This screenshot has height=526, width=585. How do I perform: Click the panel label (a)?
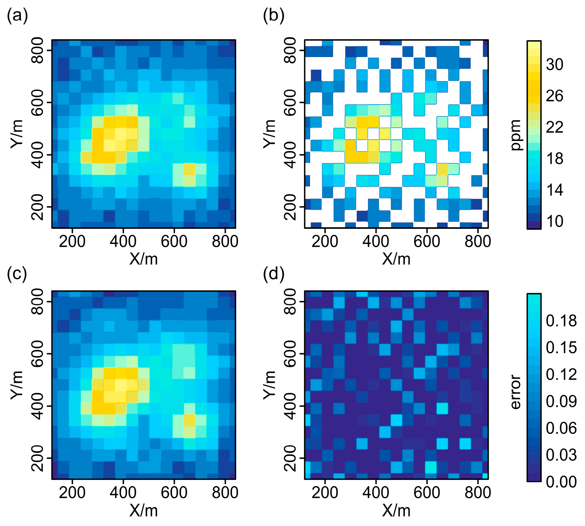(x=17, y=15)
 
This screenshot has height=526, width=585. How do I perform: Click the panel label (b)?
(x=274, y=15)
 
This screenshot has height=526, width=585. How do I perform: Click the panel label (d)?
(x=274, y=274)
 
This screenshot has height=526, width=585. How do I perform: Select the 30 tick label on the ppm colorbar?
(x=554, y=65)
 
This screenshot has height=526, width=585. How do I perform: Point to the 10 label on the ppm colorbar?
(x=554, y=222)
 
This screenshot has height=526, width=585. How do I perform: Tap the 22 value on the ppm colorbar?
(x=554, y=127)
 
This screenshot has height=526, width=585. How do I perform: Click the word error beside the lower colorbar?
(x=516, y=392)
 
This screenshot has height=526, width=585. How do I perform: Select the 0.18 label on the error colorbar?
(x=561, y=321)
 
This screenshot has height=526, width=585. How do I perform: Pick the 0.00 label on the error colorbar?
(x=561, y=482)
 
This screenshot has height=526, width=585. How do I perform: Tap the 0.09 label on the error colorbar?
(x=561, y=401)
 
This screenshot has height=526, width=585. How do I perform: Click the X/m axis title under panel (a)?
(x=144, y=259)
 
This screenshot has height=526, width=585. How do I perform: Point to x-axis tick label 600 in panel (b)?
(x=427, y=241)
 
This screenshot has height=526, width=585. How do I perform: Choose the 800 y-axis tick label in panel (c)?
(x=38, y=301)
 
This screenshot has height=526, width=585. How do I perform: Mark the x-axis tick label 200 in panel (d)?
(x=325, y=493)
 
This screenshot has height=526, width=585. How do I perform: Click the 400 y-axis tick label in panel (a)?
(x=38, y=155)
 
